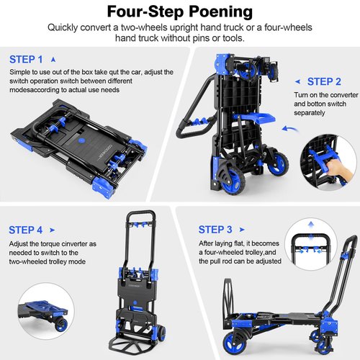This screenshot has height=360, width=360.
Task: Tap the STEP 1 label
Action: (26, 59)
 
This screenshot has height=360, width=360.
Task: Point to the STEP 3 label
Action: (215, 230)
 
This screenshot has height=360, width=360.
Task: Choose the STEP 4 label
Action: (26, 230)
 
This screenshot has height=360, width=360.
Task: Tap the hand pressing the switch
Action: (333, 166)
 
